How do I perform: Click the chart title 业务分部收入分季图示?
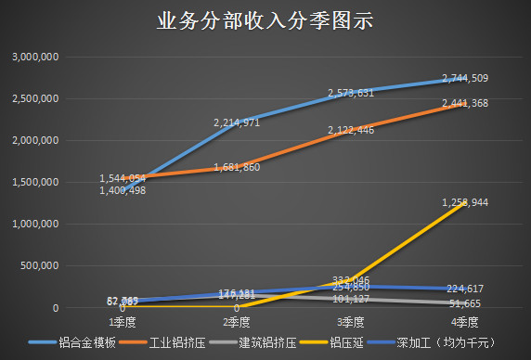point(265,21)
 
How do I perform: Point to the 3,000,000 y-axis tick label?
point(36,58)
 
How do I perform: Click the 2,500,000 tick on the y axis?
point(36,99)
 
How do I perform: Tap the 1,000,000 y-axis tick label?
point(36,225)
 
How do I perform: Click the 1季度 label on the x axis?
point(123,322)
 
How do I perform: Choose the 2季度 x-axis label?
point(237,322)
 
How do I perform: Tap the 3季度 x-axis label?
point(351,322)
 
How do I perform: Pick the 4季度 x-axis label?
point(464,322)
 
